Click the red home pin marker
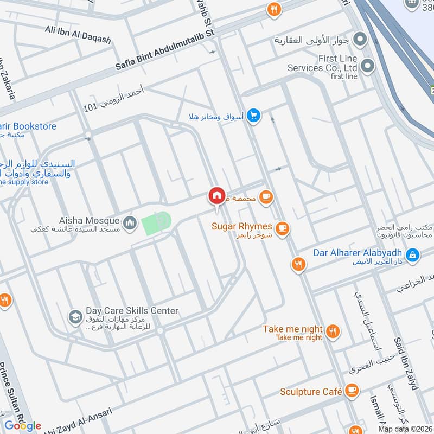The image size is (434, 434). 216,196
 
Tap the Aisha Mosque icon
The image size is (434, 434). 130,222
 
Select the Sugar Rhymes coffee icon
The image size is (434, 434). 281,229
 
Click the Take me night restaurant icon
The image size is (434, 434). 333,330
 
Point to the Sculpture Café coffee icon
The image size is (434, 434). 352,391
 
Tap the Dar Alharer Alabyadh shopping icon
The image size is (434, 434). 413,254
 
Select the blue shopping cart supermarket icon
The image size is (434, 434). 253,115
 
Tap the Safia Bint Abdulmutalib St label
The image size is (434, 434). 165,50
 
